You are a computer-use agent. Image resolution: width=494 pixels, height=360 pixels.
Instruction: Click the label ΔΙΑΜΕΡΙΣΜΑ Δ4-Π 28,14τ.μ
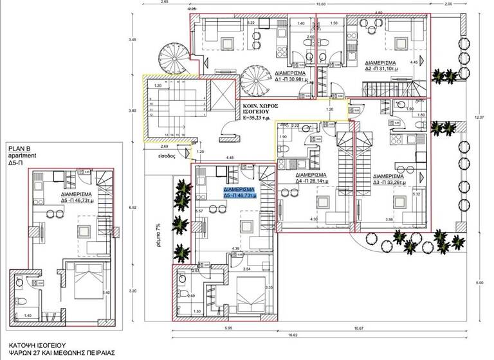click(x=311, y=178)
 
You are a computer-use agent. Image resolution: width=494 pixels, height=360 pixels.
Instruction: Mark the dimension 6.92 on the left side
click(x=133, y=208)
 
